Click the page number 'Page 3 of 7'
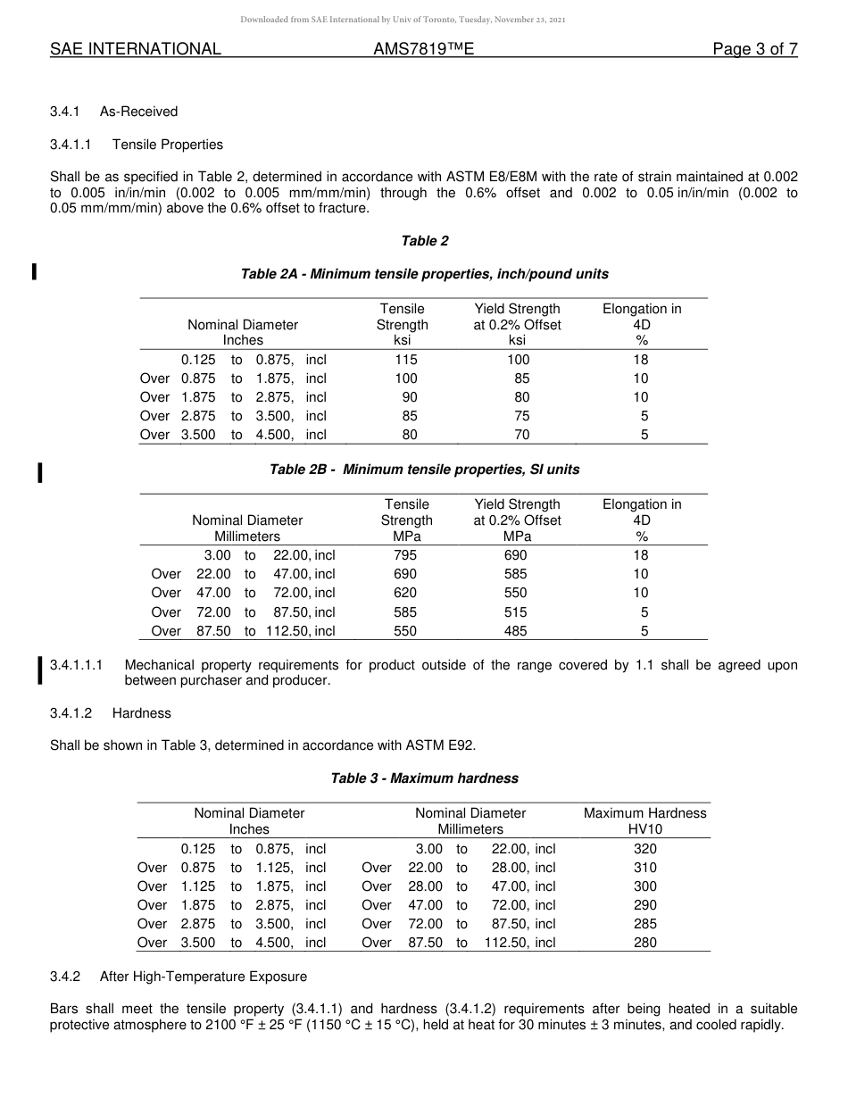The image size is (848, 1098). coord(754,49)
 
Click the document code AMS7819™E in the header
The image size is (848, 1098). coord(423,49)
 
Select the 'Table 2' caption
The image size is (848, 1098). coord(425,241)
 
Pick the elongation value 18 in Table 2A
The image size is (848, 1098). coord(641,360)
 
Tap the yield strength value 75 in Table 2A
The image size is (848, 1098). coord(521,416)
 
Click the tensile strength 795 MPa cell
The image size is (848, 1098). coord(405,555)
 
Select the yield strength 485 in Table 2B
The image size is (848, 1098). coord(515,631)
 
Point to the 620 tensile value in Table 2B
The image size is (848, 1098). coord(405,593)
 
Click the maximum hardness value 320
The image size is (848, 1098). coord(644,849)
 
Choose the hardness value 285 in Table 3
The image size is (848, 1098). coord(644,924)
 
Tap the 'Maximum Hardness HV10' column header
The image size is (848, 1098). coord(644,821)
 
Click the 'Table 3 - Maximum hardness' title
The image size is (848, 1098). coord(425,778)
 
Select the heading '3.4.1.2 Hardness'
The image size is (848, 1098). coord(111,713)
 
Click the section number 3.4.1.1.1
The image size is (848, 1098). coord(77,665)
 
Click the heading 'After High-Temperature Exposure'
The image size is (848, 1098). coord(204,977)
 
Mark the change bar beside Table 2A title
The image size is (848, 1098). coord(34,271)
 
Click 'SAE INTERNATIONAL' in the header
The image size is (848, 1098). coord(136,49)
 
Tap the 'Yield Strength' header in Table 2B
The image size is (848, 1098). coord(517,504)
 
